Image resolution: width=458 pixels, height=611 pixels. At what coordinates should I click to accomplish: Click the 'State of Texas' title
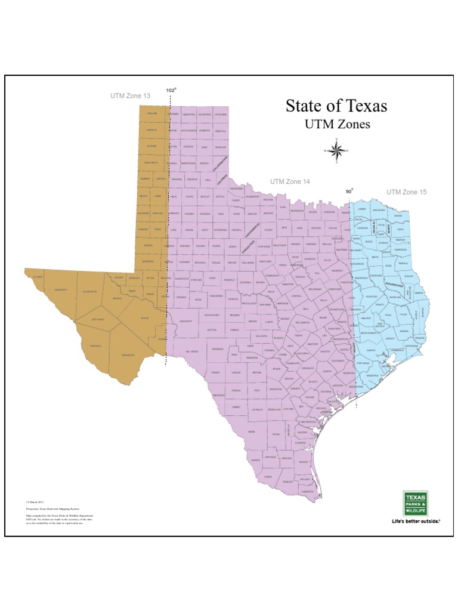[336, 106]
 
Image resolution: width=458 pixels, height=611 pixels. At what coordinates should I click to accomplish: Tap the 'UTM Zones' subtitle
[338, 125]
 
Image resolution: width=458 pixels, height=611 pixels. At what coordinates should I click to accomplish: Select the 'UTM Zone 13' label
[131, 95]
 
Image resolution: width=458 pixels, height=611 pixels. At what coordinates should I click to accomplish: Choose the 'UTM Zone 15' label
[407, 192]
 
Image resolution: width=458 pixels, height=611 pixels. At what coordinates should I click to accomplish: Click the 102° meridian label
[171, 90]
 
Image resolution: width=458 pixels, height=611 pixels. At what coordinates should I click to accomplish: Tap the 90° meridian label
[349, 192]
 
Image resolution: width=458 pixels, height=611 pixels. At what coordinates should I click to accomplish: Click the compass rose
[337, 150]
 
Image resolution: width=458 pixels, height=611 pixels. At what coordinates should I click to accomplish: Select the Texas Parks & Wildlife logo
[416, 503]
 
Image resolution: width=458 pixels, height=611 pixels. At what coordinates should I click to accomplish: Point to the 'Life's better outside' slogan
[415, 521]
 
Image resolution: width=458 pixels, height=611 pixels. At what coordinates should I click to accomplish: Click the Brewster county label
[128, 355]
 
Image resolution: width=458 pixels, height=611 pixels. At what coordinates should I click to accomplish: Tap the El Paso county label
[38, 277]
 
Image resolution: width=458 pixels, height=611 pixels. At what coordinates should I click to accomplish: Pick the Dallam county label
[151, 113]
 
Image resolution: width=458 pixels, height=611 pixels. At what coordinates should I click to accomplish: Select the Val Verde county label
[191, 351]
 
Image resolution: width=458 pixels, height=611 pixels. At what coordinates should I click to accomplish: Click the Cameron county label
[308, 492]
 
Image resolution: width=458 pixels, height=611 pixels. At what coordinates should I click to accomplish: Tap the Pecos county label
[145, 319]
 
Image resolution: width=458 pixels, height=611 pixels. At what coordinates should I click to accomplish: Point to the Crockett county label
[185, 321]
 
